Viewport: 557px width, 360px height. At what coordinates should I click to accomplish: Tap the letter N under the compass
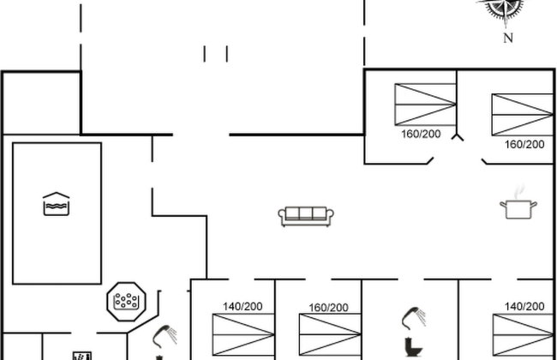(x=508, y=38)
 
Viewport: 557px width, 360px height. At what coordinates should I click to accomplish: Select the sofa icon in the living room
(x=306, y=216)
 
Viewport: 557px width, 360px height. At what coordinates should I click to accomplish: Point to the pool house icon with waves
(x=56, y=204)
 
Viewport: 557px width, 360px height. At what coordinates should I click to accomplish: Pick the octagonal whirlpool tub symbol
(x=126, y=302)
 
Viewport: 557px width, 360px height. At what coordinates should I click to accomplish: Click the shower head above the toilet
(x=414, y=318)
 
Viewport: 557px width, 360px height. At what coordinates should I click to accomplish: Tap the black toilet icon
(x=414, y=347)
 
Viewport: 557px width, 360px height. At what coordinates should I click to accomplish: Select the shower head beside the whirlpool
(x=165, y=336)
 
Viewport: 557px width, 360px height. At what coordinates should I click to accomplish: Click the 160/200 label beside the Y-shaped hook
(x=421, y=134)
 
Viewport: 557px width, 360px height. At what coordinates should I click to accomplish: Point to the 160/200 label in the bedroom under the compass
(x=524, y=144)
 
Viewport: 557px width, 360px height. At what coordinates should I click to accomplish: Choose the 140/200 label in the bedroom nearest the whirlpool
(x=243, y=306)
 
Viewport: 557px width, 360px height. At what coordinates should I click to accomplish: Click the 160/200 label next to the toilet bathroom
(x=328, y=308)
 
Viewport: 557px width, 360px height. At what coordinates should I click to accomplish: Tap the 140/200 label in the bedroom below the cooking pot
(x=524, y=306)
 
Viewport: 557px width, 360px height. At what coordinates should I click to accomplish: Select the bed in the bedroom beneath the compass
(x=522, y=115)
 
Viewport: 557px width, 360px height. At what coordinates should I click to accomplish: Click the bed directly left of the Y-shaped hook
(x=425, y=105)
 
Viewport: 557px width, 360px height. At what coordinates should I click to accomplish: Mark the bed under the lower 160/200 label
(x=331, y=334)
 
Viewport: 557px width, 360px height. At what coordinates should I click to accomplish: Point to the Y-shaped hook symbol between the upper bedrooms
(x=458, y=137)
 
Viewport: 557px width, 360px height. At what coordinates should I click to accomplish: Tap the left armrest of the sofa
(x=282, y=215)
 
